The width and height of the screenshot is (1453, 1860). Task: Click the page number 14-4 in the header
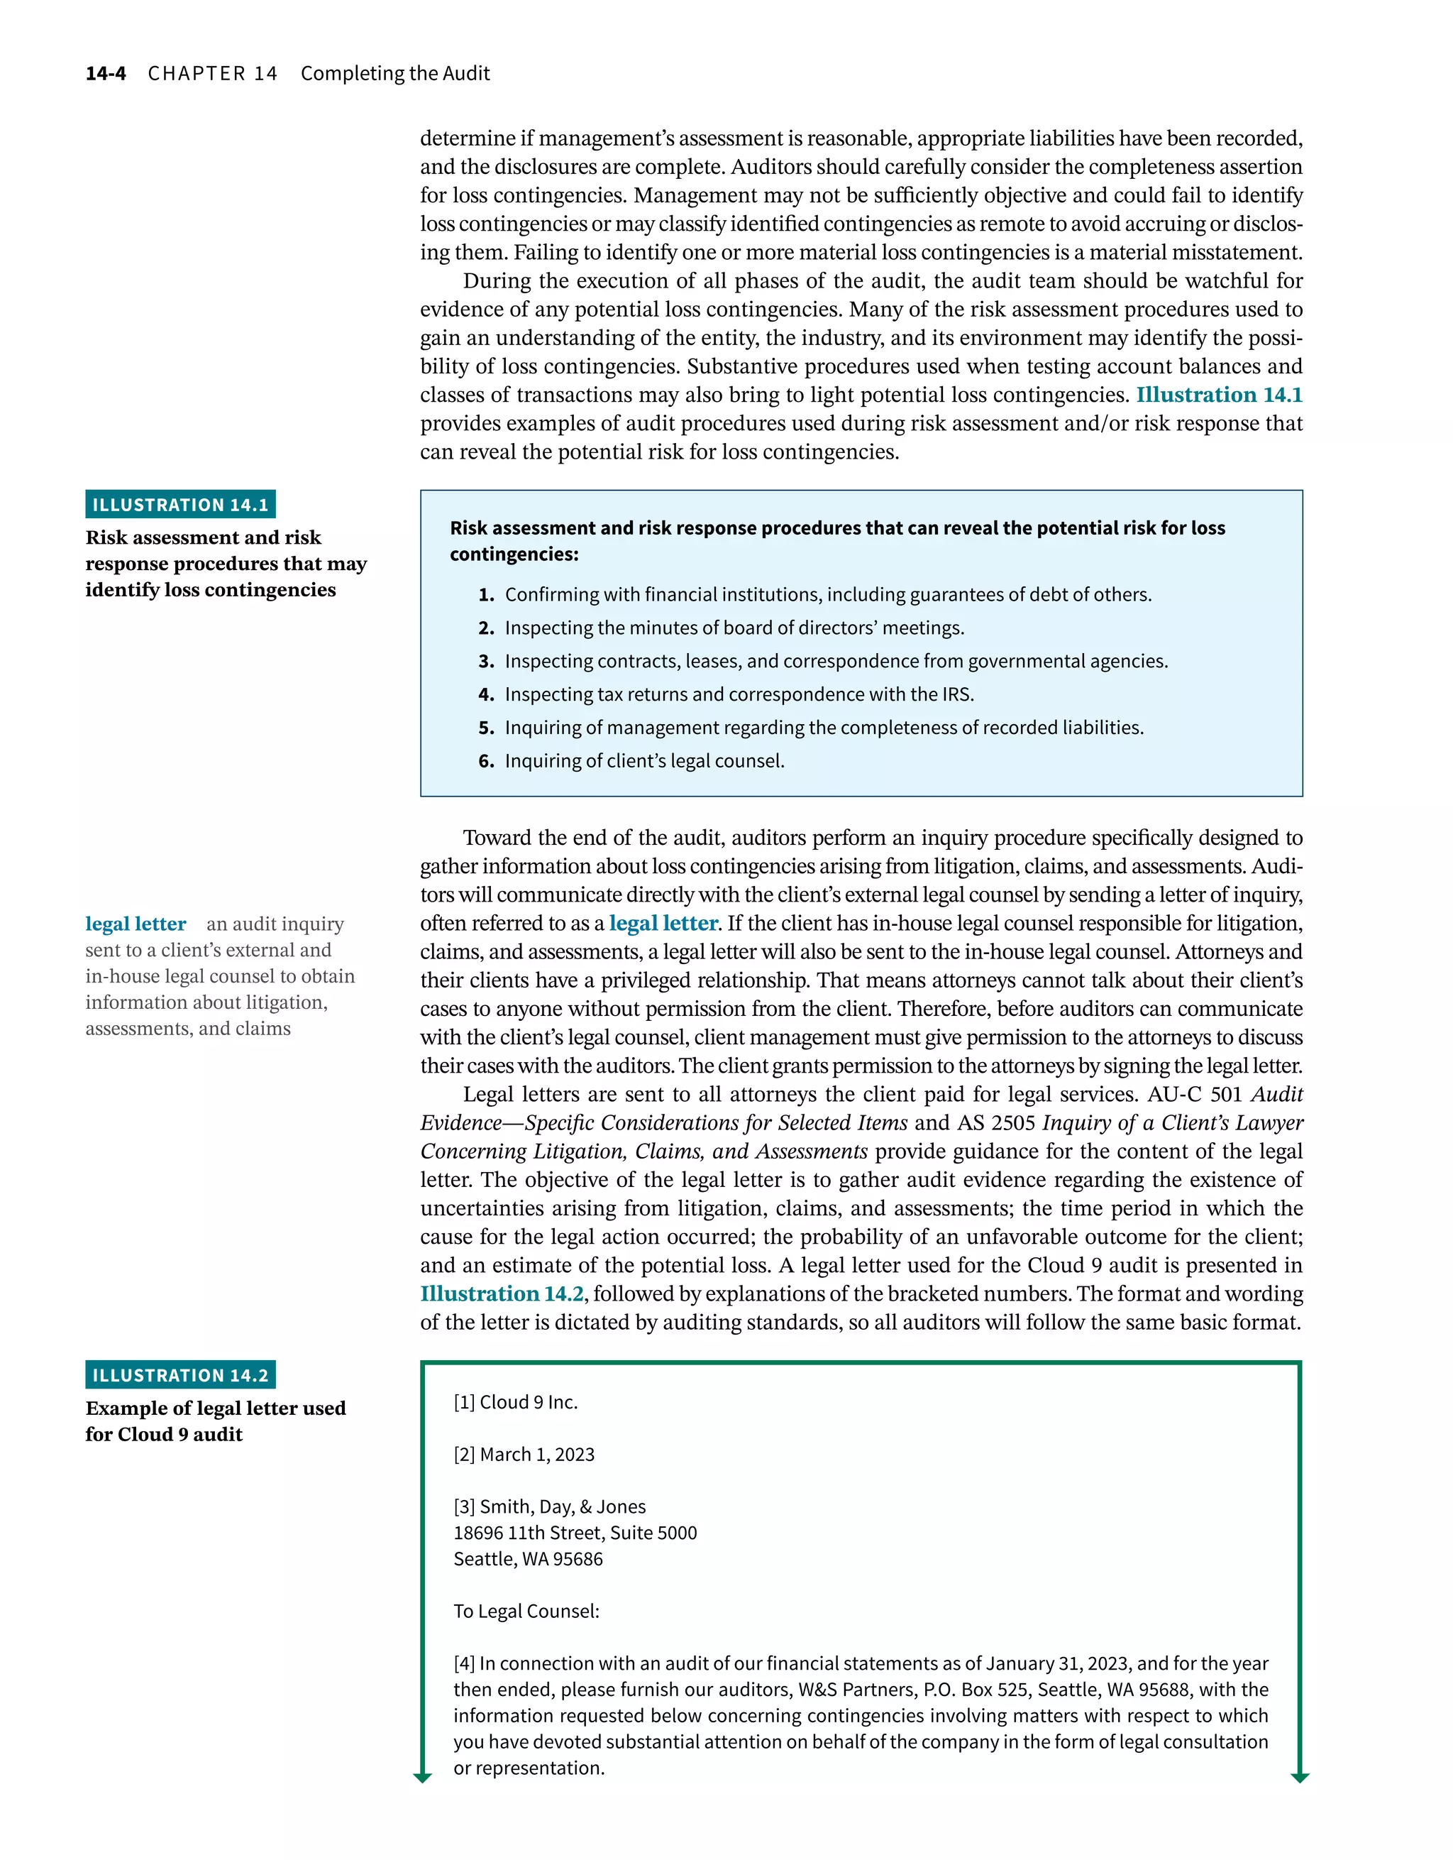(106, 73)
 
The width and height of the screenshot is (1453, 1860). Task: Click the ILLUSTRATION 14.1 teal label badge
(180, 504)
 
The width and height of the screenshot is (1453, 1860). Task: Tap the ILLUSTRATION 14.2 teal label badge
(180, 1374)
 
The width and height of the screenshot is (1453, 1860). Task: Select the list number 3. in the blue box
(486, 661)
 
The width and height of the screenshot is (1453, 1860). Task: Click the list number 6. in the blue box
(486, 760)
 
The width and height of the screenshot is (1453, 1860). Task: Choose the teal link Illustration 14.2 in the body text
(502, 1293)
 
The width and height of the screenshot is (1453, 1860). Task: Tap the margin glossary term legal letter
(136, 924)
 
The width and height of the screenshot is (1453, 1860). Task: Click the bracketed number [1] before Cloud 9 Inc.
(464, 1402)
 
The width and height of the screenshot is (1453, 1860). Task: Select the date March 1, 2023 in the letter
(537, 1454)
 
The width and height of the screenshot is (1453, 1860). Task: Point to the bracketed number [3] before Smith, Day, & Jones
(464, 1506)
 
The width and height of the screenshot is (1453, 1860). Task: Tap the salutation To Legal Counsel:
(526, 1612)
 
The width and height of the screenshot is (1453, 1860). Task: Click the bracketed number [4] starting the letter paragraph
(464, 1663)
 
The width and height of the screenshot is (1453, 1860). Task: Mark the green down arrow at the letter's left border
(422, 1776)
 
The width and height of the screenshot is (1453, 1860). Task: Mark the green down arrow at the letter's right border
(1299, 1776)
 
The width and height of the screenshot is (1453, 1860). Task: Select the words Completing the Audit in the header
(395, 73)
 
